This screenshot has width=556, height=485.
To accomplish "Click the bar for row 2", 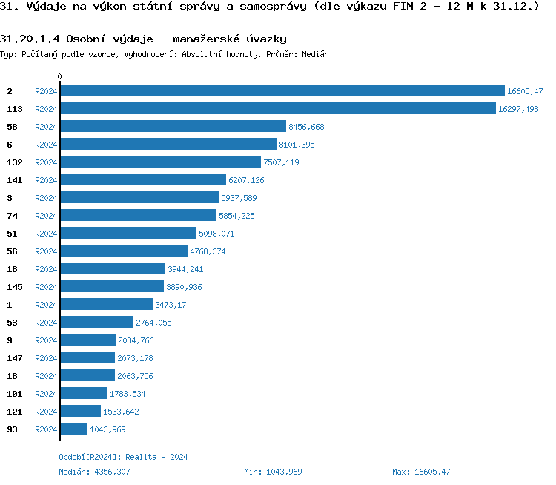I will (282, 91).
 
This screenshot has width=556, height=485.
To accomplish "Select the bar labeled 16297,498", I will (278, 109).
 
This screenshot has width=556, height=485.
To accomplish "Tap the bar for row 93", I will (73, 429).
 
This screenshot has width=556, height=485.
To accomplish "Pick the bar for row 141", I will (143, 180).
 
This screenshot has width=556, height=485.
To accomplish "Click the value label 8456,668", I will (306, 127).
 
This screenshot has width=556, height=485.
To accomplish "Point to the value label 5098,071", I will (216, 234).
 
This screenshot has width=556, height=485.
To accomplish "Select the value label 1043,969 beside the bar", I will (107, 429).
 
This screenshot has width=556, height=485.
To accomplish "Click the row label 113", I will (15, 109).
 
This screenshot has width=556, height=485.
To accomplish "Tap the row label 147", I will (15, 358).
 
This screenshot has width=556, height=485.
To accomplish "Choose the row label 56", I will (12, 251).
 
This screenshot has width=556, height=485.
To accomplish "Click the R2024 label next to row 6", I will (46, 145).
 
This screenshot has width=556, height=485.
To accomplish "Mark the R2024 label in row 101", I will (46, 394).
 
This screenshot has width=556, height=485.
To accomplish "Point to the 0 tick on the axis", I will (60, 76).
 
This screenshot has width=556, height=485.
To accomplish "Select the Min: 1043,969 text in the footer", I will (273, 472).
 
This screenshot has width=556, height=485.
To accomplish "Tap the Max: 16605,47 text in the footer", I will (421, 472).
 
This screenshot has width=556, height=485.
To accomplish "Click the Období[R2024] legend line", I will (123, 457).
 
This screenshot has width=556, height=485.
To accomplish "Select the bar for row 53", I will (96, 323).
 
